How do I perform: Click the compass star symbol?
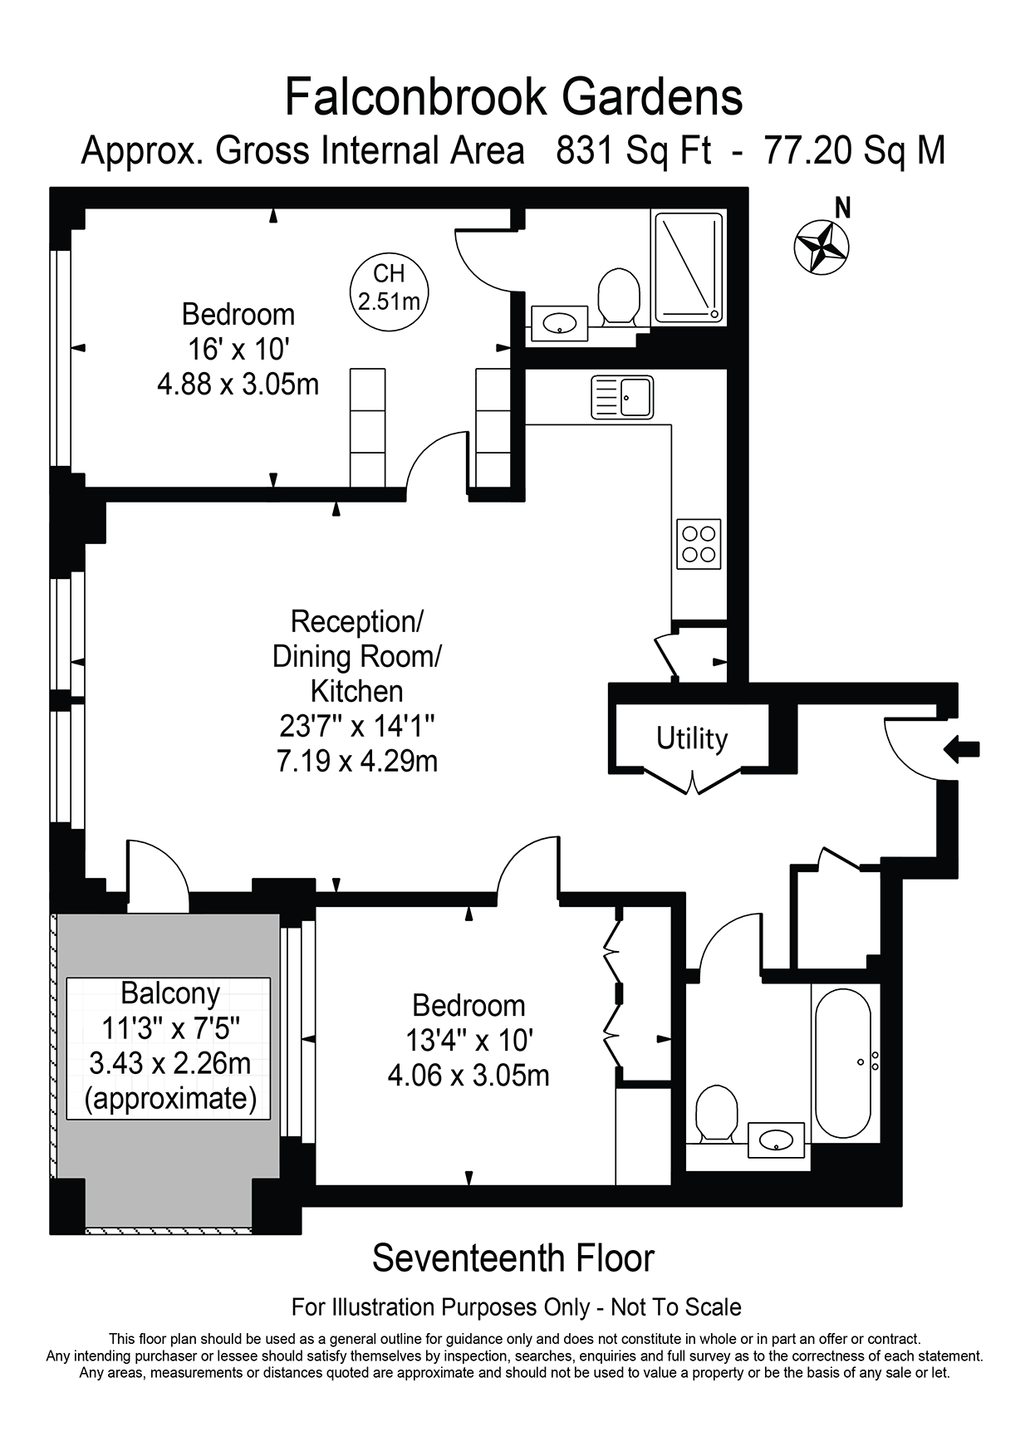[822, 247]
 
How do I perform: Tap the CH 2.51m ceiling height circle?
[389, 287]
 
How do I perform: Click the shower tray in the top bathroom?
[689, 268]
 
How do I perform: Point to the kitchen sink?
[622, 397]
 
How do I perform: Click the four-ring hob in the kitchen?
[699, 544]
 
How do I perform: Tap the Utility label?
[692, 738]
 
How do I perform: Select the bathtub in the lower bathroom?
[843, 1062]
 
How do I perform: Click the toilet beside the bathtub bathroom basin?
[716, 1113]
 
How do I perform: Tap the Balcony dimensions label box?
[169, 1047]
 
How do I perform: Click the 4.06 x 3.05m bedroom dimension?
[468, 1076]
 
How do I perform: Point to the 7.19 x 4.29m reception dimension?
[357, 761]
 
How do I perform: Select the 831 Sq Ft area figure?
[633, 151]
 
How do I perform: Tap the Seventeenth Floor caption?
[513, 1257]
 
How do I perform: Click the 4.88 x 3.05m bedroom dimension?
[238, 385]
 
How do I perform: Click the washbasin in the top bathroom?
[559, 323]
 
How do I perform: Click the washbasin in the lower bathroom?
[776, 1140]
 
